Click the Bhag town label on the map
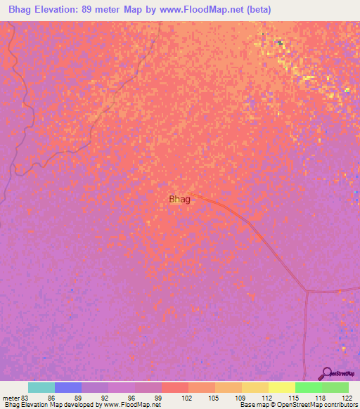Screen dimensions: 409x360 tap(179, 200)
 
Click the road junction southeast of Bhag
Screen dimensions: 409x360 tap(307, 290)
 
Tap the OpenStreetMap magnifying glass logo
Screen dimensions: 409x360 tap(326, 372)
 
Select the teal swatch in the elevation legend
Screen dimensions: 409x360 tap(41, 387)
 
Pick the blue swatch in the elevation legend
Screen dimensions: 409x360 tap(68, 387)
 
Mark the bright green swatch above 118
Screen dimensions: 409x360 tap(309, 387)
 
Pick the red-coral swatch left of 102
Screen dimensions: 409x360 tap(175, 387)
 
